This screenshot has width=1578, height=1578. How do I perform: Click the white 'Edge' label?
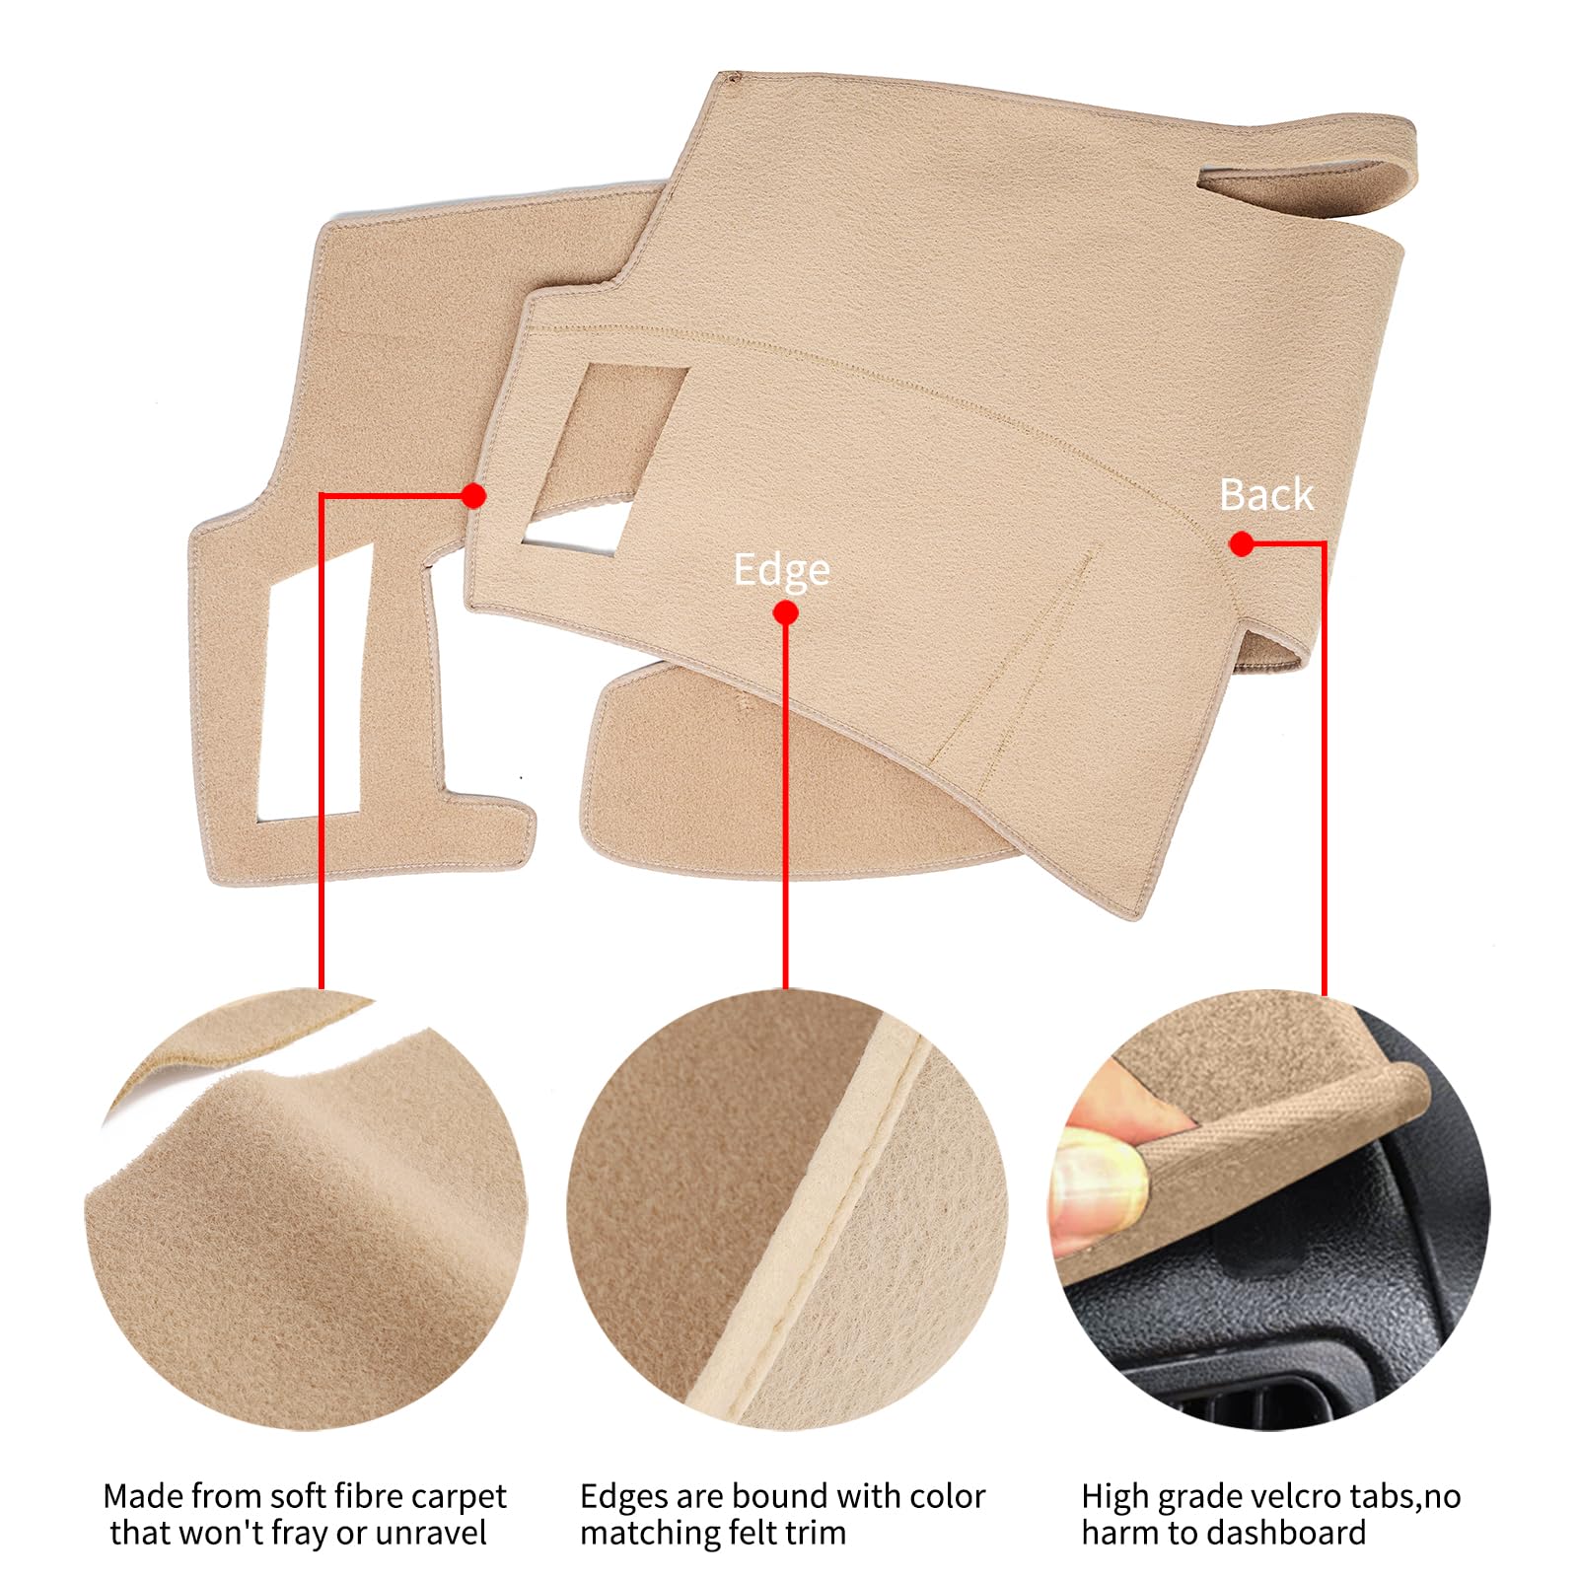(781, 570)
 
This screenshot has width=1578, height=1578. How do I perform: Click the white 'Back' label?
(1266, 494)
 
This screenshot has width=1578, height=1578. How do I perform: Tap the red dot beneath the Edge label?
(785, 613)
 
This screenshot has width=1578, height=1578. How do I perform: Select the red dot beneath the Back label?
(1242, 543)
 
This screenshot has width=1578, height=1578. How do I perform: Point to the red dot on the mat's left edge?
(474, 495)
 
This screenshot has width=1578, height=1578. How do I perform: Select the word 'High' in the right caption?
(1115, 1496)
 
